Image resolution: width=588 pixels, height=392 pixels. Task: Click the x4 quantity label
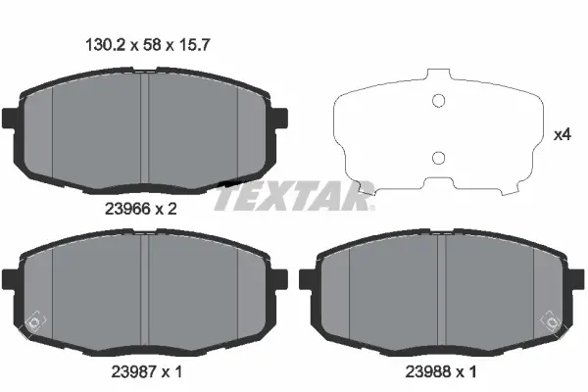tap(563, 134)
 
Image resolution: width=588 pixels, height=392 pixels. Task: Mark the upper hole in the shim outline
tap(439, 99)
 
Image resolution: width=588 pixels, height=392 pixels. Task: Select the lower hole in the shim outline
tap(439, 158)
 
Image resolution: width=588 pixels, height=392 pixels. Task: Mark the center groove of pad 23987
tap(146, 294)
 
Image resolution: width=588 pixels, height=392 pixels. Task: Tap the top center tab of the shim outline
tap(439, 76)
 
